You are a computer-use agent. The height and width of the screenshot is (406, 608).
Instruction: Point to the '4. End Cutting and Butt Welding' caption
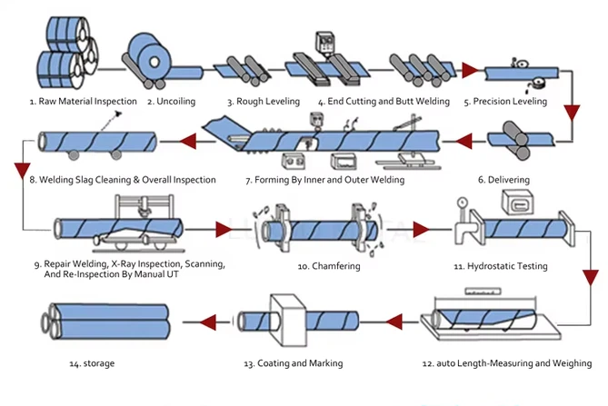click(x=374, y=101)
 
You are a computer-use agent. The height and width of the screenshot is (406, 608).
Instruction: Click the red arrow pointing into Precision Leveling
click(x=470, y=69)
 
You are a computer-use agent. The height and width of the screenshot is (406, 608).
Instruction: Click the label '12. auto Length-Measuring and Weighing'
click(x=506, y=363)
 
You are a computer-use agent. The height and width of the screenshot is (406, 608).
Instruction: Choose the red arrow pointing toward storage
click(x=193, y=321)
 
